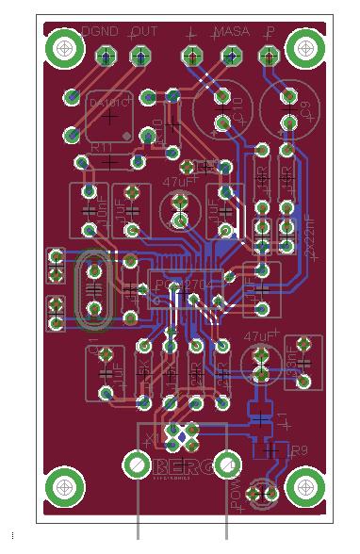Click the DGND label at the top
tap(101, 32)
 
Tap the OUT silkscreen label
tap(143, 32)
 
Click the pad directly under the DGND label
tap(106, 58)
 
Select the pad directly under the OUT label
tap(140, 58)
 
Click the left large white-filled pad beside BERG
tap(136, 465)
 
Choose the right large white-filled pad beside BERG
tap(227, 465)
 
